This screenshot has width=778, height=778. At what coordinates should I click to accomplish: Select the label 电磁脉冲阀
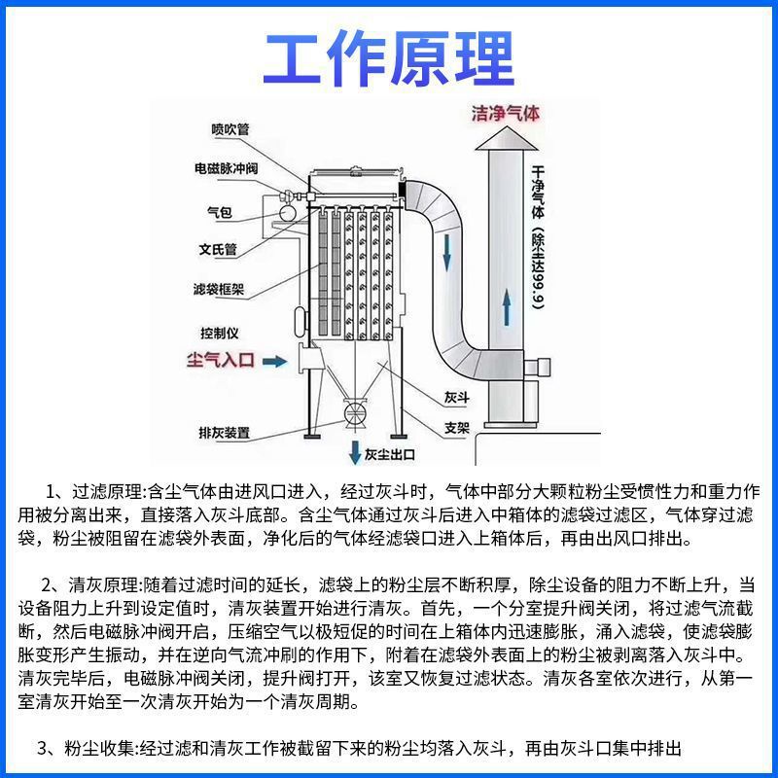tap(225, 168)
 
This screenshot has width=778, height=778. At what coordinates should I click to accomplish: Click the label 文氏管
tap(219, 249)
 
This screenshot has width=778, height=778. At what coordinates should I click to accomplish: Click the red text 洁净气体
tap(505, 113)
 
